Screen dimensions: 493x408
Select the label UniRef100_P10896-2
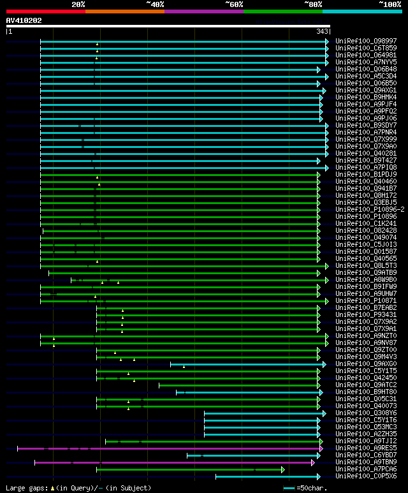pos(370,209)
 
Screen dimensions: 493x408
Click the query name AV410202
pos(24,20)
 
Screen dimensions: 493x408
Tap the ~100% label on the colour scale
pos(390,4)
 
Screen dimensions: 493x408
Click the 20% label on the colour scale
pos(78,4)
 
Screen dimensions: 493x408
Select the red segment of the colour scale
pos(45,11)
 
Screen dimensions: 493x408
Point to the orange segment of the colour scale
pos(124,11)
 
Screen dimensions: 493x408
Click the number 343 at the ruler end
pos(321,31)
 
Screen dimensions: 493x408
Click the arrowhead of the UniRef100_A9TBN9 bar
pos(313,462)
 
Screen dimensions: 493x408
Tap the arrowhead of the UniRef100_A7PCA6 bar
pos(282,469)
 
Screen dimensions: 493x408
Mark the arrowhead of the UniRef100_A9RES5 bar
pos(321,448)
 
